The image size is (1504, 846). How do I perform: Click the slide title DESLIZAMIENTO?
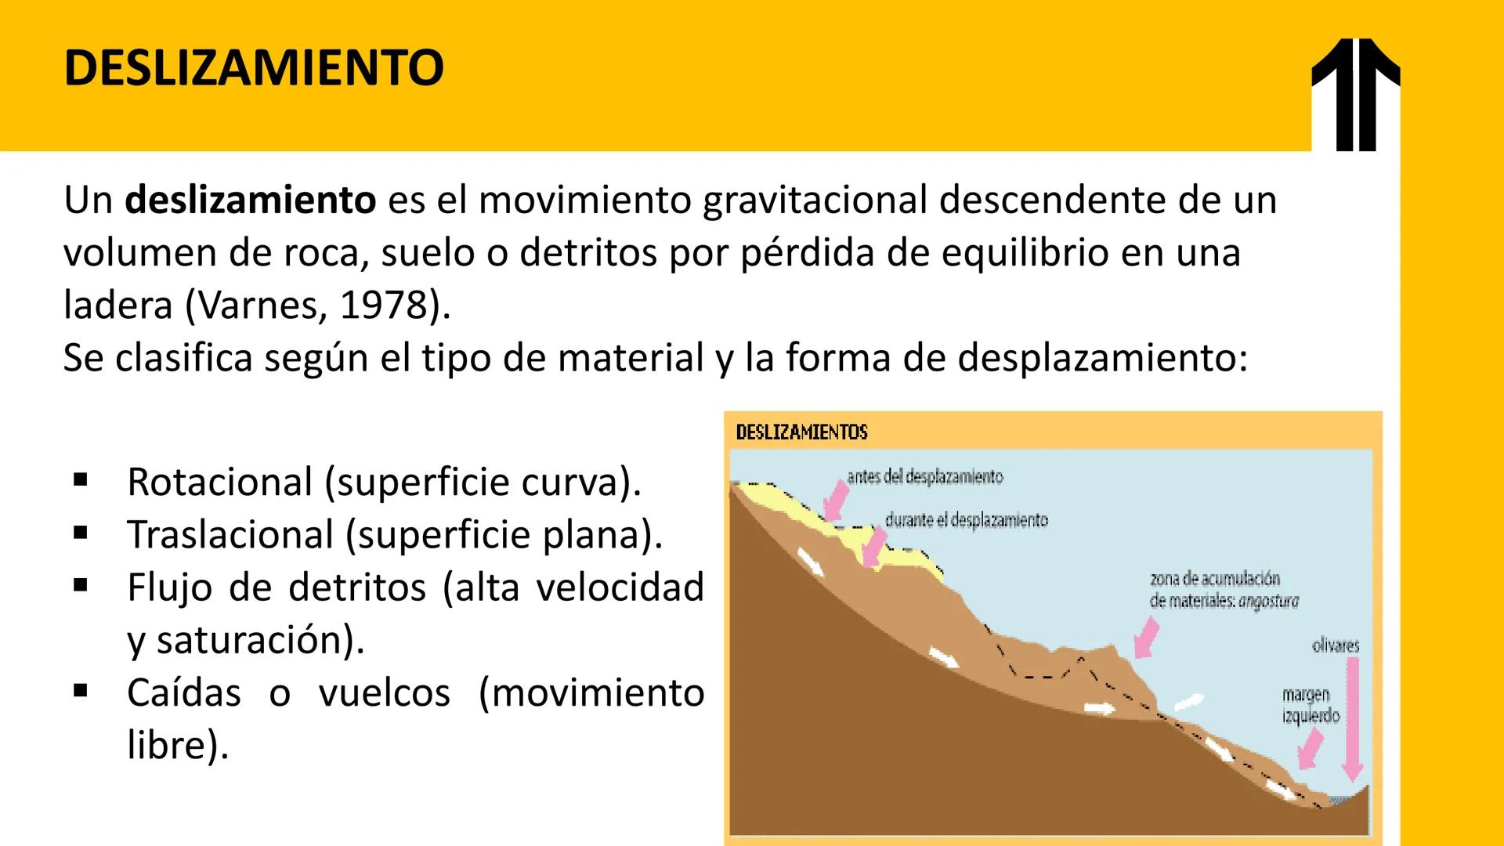[x=254, y=67]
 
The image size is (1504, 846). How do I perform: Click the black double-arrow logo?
[x=1355, y=94]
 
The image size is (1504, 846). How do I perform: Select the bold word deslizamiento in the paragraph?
[x=251, y=200]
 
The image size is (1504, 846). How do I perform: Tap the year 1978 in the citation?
[x=382, y=305]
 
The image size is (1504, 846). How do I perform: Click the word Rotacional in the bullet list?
[x=219, y=482]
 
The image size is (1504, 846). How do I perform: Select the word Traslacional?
[x=230, y=535]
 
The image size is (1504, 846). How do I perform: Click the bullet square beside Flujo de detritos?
[x=80, y=585]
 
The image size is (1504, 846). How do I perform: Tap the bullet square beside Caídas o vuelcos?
[x=80, y=691]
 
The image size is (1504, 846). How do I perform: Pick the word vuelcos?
[x=384, y=692]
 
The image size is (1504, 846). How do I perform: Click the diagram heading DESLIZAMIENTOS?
[x=801, y=432]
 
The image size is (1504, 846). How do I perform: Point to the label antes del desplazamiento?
[x=924, y=476]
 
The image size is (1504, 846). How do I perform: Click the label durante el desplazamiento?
[x=966, y=520]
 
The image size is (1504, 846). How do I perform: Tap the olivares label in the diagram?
[x=1336, y=646]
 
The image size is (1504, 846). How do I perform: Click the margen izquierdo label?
[x=1311, y=705]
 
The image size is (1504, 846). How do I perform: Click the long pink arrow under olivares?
[x=1352, y=721]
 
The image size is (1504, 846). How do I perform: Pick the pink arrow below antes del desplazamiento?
[x=836, y=501]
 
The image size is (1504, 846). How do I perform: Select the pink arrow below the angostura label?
[x=1146, y=637]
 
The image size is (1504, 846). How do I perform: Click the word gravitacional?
[x=815, y=200]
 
